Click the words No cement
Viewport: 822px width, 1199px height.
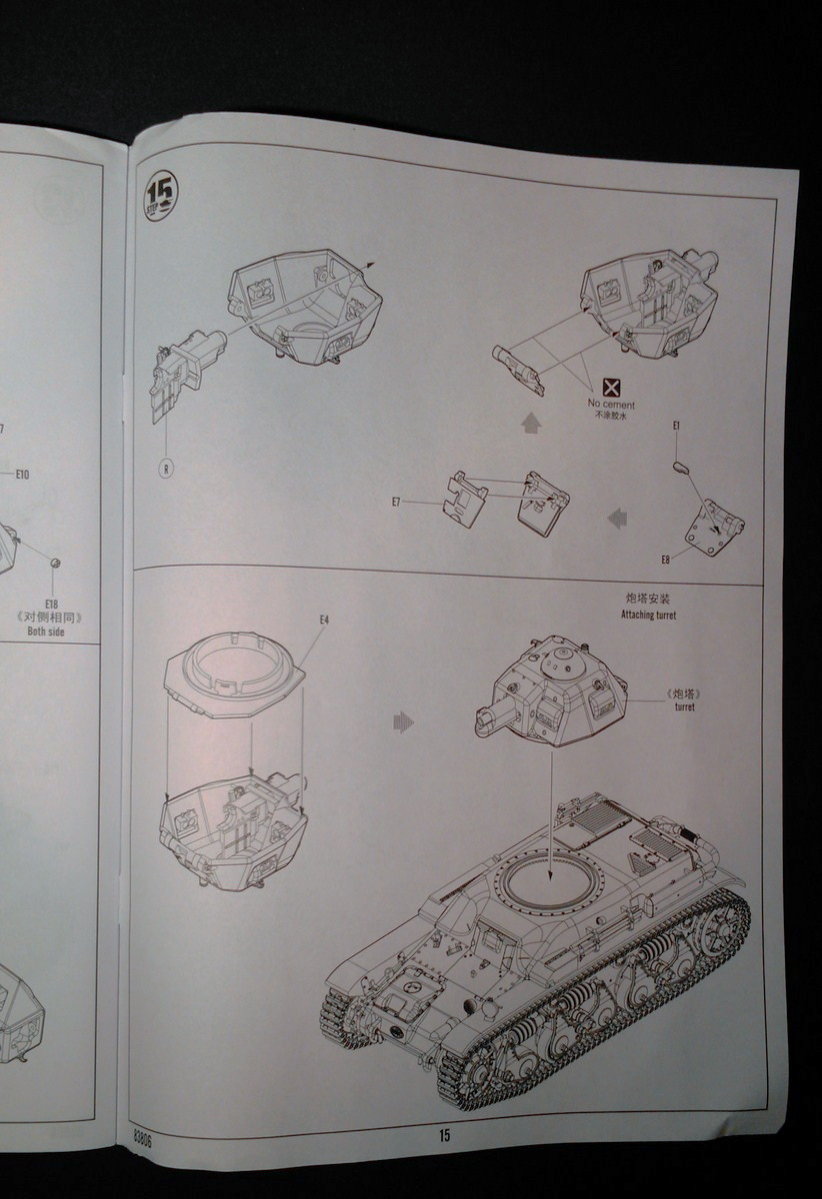610,405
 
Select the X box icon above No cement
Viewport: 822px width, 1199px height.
612,388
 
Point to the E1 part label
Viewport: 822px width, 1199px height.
677,427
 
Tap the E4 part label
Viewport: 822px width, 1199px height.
324,620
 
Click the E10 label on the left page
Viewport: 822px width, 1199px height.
22,474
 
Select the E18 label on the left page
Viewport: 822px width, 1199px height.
52,604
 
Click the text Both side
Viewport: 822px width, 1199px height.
51,631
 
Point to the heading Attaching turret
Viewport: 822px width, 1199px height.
649,615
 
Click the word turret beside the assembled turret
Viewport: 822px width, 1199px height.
684,707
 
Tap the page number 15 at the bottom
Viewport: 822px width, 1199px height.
443,1135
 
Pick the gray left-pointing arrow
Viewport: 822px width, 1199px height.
618,517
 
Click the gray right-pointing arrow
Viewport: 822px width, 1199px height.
403,721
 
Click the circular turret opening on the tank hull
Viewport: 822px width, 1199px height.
549,880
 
